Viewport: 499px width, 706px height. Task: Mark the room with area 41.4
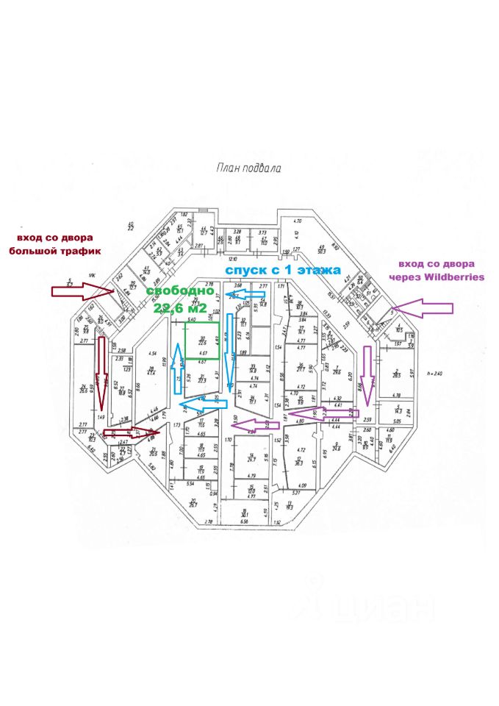[x=151, y=371]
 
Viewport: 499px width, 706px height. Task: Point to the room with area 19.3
[x=289, y=507]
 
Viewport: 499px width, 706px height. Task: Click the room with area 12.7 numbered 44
[x=204, y=231]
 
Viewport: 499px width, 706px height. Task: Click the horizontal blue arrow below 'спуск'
[x=246, y=295]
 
